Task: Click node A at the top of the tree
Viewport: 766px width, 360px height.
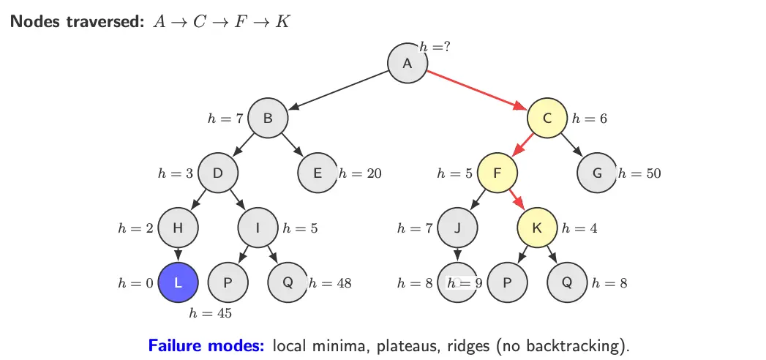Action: tap(408, 64)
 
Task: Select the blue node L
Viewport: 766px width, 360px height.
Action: tap(178, 282)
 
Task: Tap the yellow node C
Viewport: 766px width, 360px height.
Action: tap(547, 118)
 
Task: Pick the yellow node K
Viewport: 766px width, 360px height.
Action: tap(537, 228)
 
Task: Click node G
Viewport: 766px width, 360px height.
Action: tap(597, 173)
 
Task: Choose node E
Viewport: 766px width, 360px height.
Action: tap(318, 173)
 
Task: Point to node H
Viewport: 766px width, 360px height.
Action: tap(178, 228)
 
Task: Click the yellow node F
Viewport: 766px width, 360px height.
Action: tap(497, 173)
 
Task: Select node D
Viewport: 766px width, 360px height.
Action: tap(218, 173)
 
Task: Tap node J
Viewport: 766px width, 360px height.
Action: tap(457, 228)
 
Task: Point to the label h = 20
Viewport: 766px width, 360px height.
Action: tap(360, 174)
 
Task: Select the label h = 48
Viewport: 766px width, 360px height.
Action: tap(330, 283)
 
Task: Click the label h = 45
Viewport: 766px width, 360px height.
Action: tap(211, 314)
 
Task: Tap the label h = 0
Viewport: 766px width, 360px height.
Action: tap(136, 283)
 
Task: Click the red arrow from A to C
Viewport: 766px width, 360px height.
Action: tap(478, 91)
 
